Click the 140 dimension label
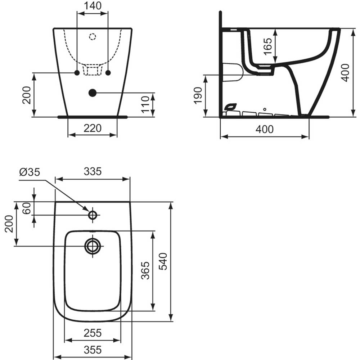click(x=93, y=6)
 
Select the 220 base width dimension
click(x=93, y=128)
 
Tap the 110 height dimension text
click(x=145, y=104)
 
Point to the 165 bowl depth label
click(x=268, y=46)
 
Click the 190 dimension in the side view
click(x=198, y=96)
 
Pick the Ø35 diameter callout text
click(x=30, y=172)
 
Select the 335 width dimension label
click(x=93, y=171)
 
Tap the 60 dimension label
click(x=27, y=208)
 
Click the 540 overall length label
click(x=163, y=261)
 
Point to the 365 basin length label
click(x=145, y=270)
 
